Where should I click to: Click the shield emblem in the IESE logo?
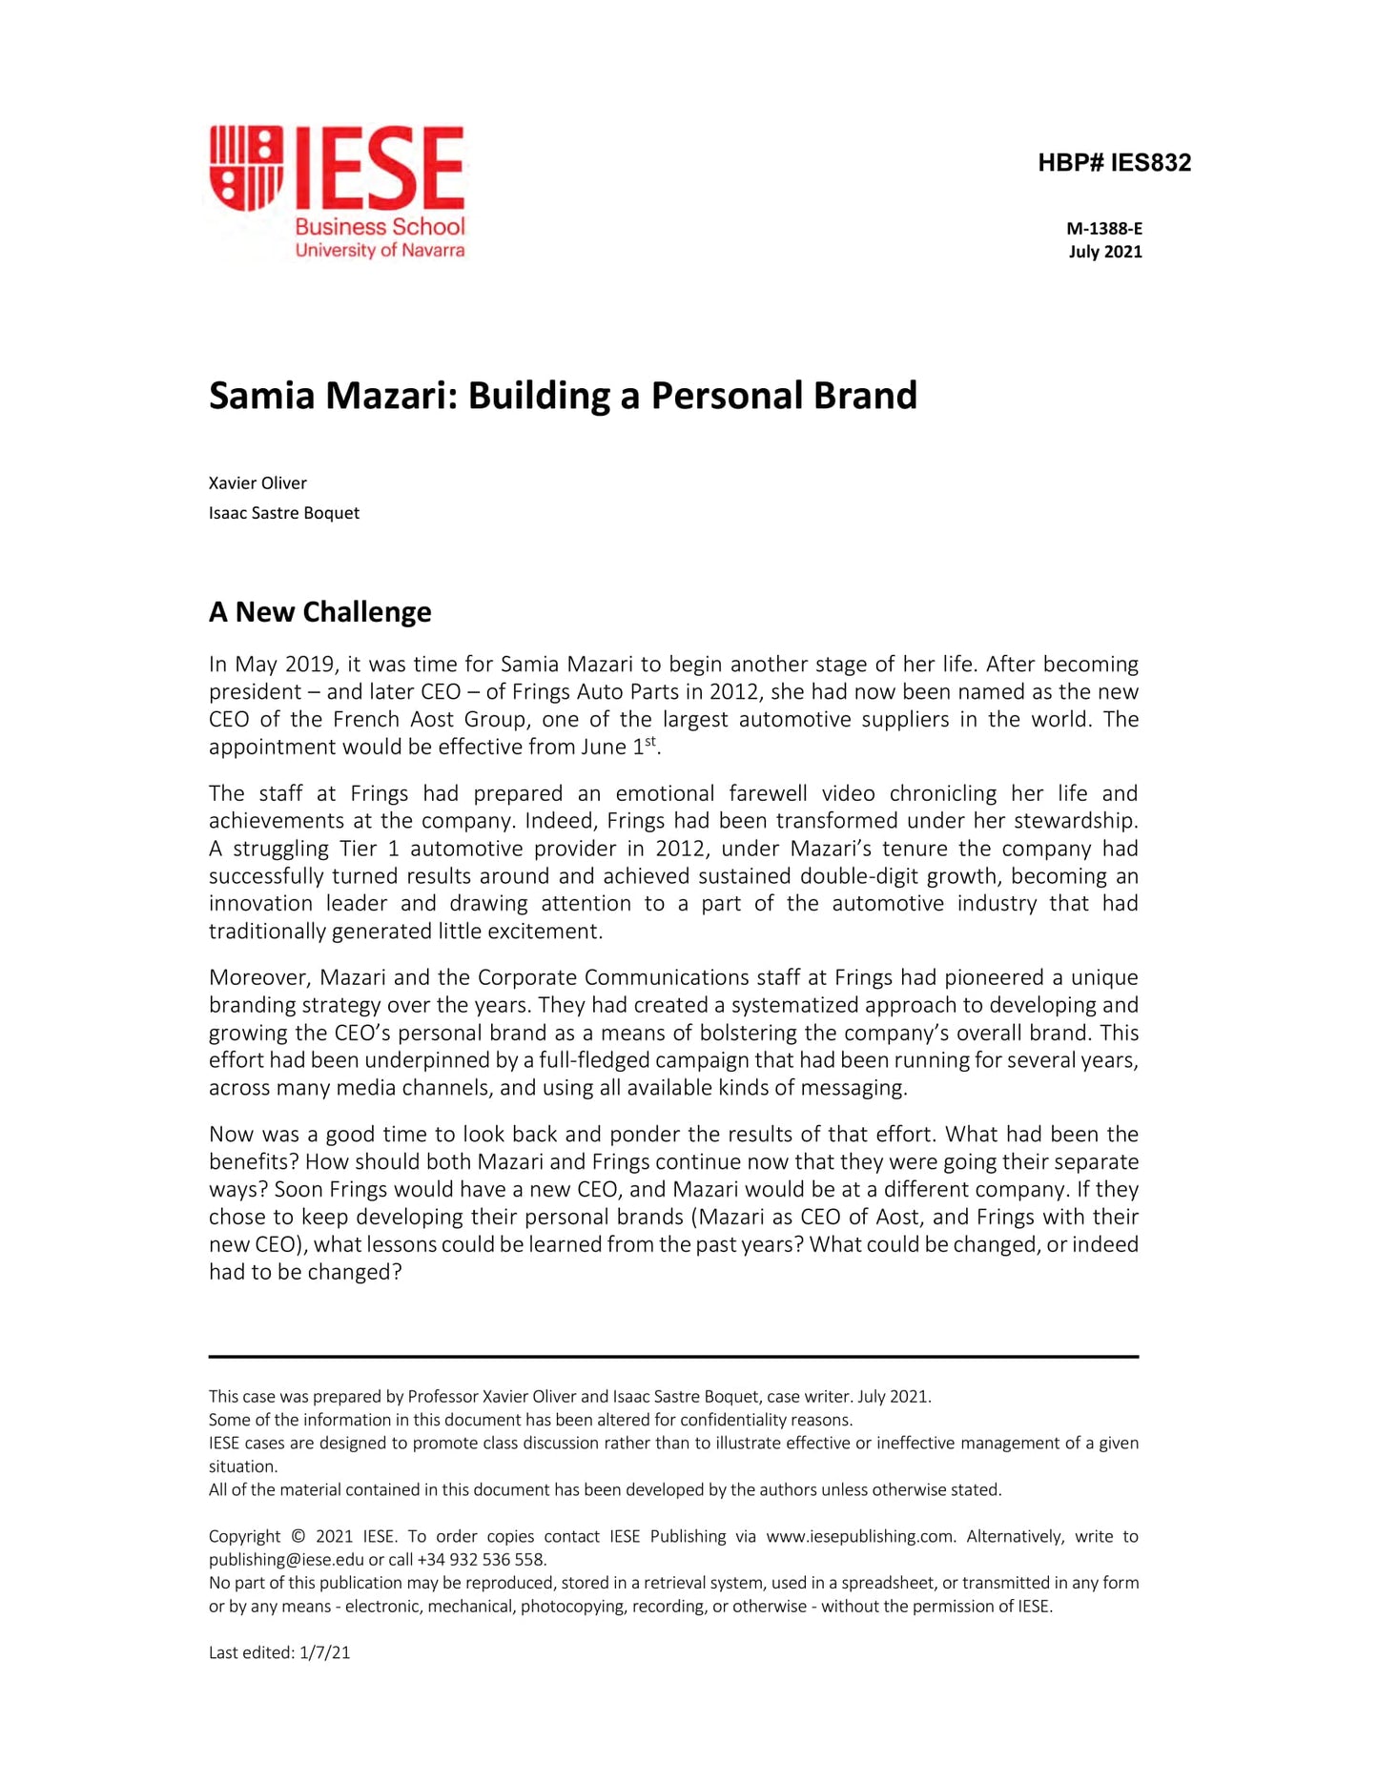tap(246, 168)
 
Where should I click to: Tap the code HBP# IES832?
tap(1114, 163)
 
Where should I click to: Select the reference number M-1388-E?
tap(1103, 229)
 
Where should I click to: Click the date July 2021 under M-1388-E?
tap(1104, 252)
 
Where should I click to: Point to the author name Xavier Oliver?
tap(257, 483)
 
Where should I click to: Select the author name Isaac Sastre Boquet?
tap(284, 513)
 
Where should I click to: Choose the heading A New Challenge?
tap(319, 612)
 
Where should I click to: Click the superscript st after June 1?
tap(650, 742)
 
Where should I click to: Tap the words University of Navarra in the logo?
tap(380, 251)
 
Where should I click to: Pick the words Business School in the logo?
tap(380, 226)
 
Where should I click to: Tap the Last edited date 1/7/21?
tap(324, 1653)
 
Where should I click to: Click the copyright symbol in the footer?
tap(298, 1537)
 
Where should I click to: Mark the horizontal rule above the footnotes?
tap(673, 1356)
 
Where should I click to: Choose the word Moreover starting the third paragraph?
tap(257, 978)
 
